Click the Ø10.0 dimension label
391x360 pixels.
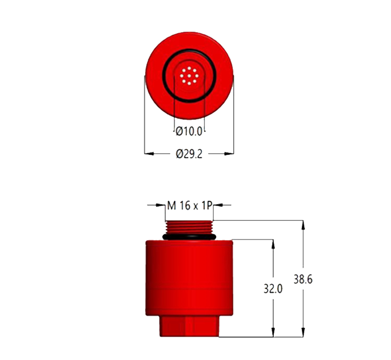[189, 131]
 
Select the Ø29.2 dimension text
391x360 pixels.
[189, 154]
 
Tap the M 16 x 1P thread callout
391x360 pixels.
[190, 206]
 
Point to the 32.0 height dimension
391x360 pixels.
[273, 289]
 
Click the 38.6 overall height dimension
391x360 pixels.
[303, 279]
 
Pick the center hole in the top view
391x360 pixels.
[189, 76]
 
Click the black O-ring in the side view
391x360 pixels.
[189, 237]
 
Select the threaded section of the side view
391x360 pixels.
[189, 227]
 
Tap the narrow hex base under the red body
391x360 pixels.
[189, 326]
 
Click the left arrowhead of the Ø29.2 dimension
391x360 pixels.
[149, 154]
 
